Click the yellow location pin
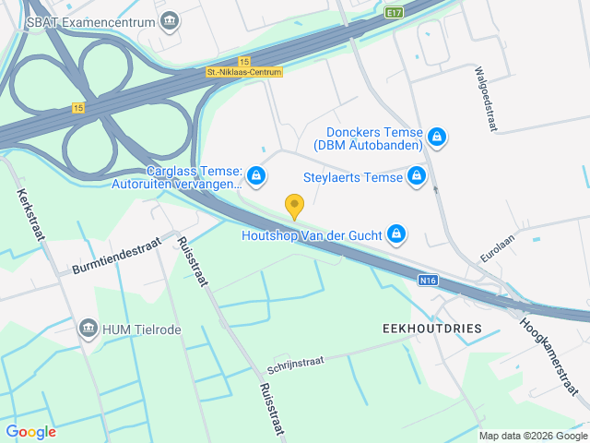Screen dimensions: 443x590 (294, 206)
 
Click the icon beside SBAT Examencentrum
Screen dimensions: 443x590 (170, 20)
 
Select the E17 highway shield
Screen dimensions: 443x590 (395, 13)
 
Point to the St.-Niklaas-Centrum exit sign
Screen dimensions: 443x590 (244, 71)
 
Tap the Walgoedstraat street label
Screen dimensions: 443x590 (485, 100)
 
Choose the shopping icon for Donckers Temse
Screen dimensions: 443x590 (438, 138)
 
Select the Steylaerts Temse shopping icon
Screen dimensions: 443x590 (418, 175)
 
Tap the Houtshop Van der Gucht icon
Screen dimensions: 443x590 (396, 234)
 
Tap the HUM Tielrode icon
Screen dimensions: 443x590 (88, 329)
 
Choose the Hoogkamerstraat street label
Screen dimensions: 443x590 (553, 357)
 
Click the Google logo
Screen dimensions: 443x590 (30, 431)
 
